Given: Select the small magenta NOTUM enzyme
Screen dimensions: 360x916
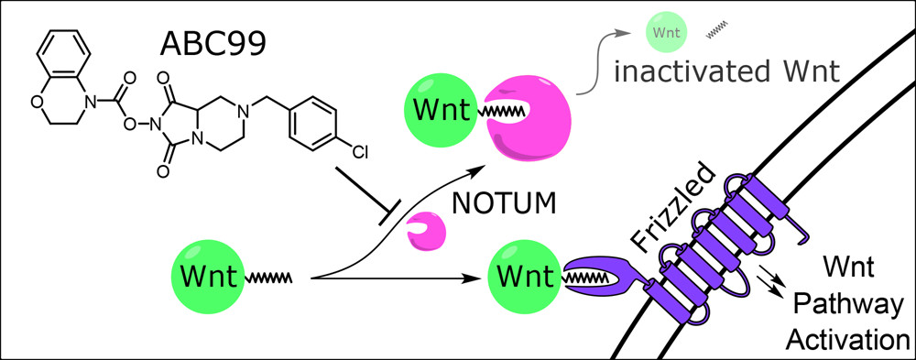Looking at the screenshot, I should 424,230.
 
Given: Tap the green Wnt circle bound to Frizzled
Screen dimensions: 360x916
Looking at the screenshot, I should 525,274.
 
